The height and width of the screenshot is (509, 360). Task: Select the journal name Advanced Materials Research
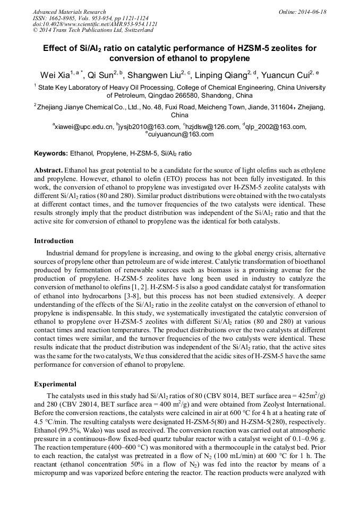pos(69,12)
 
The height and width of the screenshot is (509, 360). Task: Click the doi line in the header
pos(95,24)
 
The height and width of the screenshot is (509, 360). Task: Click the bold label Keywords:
pos(51,153)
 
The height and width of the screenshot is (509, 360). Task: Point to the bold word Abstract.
pos(48,170)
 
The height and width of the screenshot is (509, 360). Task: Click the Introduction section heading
pos(54,241)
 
